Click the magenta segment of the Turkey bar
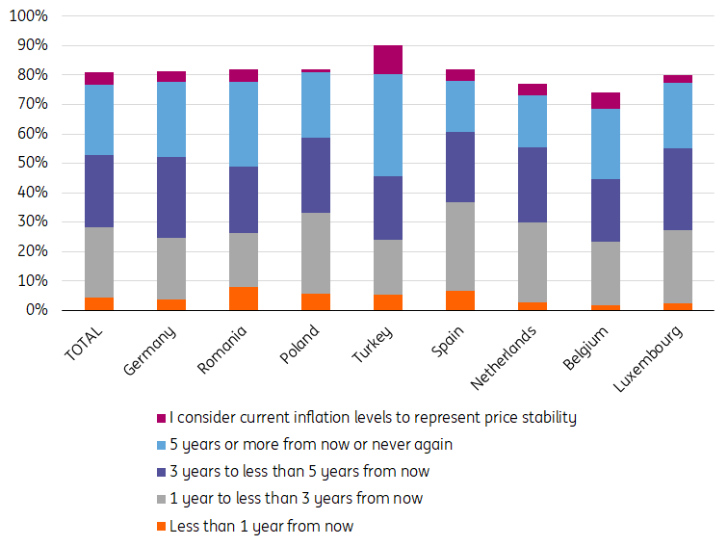coord(388,60)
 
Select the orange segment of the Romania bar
coord(244,299)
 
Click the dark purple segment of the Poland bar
coord(316,175)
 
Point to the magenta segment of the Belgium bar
coord(606,101)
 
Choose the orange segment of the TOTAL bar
coord(99,303)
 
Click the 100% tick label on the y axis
coord(28,16)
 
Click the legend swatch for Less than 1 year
coord(161,527)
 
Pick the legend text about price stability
coord(372,417)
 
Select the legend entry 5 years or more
coord(310,444)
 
